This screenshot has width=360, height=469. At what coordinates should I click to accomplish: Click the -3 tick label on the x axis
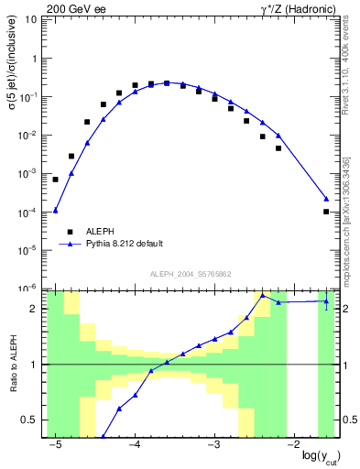pyautogui.click(x=213, y=444)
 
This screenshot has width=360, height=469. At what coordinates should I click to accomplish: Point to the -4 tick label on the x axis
pyautogui.click(x=134, y=444)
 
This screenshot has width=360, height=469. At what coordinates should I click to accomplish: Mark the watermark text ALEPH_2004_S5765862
pyautogui.click(x=190, y=274)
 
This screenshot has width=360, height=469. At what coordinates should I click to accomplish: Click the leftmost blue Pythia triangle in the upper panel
pyautogui.click(x=56, y=210)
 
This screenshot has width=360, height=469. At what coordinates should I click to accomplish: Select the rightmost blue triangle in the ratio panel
pyautogui.click(x=327, y=300)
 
